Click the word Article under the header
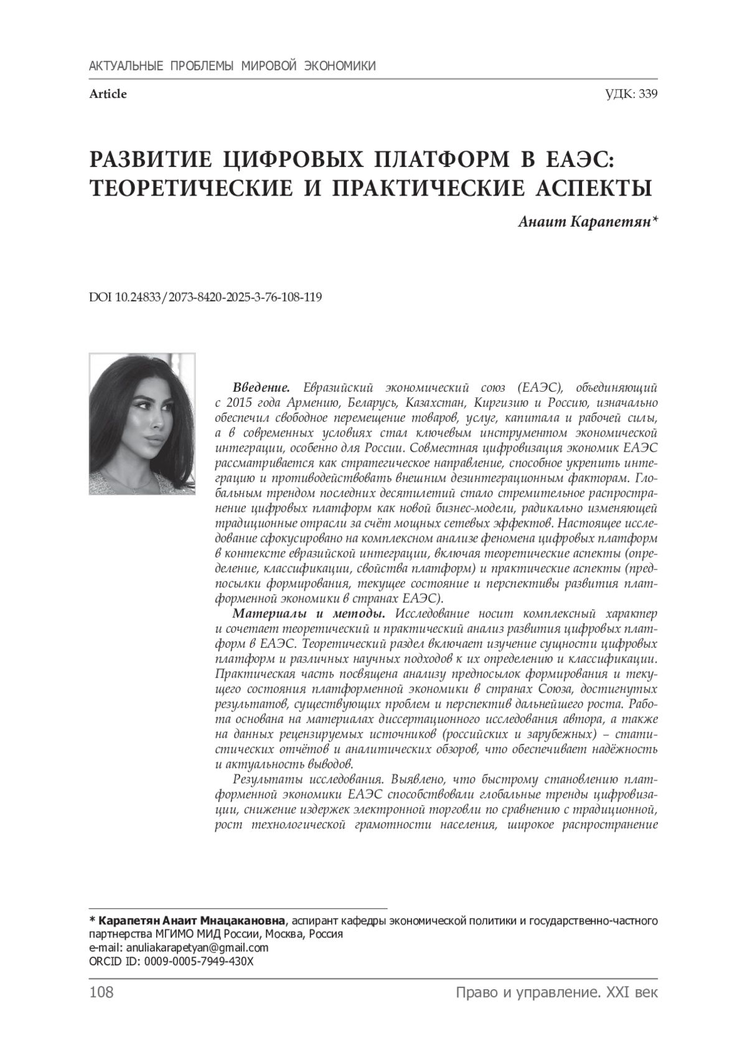108,94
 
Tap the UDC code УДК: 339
631,94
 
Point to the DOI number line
205,297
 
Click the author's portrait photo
142,424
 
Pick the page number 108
101,992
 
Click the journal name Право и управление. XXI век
557,992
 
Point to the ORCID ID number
199,960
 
